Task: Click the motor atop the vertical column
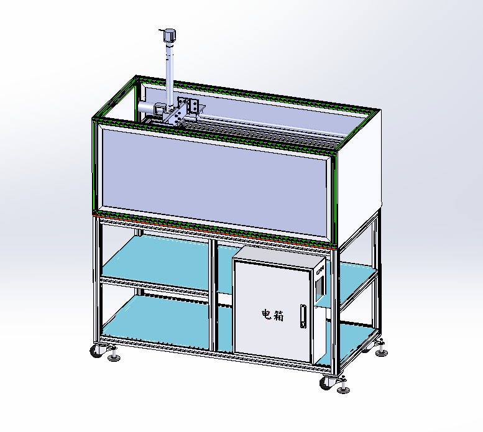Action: coord(169,35)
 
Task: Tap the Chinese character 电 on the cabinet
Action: coord(267,315)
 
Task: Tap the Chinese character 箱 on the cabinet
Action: coord(278,316)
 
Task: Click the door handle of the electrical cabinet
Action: coord(303,316)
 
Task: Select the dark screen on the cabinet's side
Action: coord(320,287)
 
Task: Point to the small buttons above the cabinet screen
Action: coord(320,270)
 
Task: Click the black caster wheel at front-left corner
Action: coord(96,351)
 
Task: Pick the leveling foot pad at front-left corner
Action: coord(114,357)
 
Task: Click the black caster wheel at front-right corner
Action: coord(326,384)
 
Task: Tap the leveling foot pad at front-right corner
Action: coord(344,390)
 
